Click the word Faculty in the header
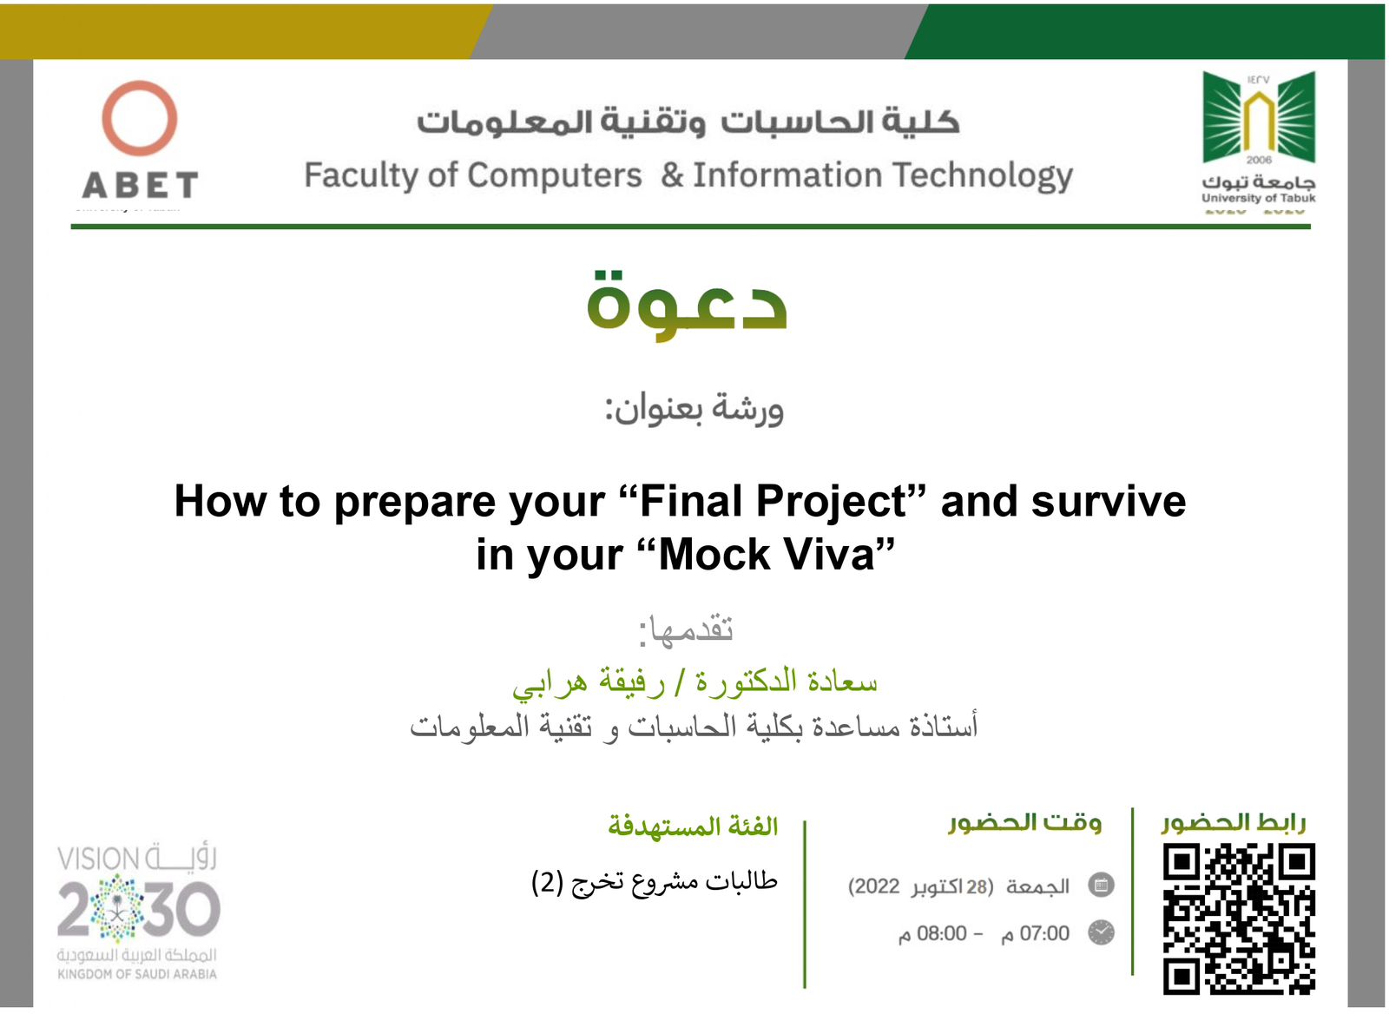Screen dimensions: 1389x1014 [x=361, y=176]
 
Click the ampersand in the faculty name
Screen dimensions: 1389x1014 [x=672, y=174]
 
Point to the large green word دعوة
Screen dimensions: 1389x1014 [x=687, y=306]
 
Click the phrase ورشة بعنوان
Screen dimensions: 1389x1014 [x=694, y=409]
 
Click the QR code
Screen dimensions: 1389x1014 [x=1239, y=919]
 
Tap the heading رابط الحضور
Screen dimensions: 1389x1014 [x=1234, y=823]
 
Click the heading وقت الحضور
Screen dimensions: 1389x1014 [x=1025, y=823]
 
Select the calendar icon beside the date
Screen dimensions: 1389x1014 [x=1102, y=885]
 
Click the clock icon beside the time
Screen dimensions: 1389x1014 [x=1102, y=932]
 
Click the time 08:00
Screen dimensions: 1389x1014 [x=941, y=933]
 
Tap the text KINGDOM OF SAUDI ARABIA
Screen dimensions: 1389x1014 [x=137, y=974]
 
